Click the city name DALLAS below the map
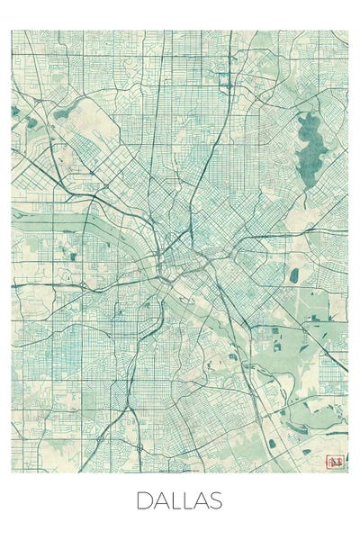click(179, 500)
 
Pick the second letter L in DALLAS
click(186, 500)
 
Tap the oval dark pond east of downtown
click(293, 275)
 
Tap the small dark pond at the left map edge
click(14, 112)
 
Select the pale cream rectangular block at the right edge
click(337, 307)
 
